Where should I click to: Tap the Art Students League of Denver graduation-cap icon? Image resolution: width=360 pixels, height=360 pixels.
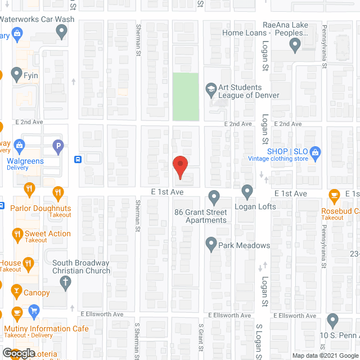click(211, 88)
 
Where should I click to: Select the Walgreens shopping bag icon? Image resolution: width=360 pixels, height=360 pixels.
click(19, 146)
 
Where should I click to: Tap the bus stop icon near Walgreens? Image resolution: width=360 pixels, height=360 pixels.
click(78, 159)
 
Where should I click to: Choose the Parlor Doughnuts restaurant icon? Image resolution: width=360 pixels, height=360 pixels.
click(57, 193)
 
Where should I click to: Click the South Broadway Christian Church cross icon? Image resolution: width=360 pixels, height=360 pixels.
click(65, 282)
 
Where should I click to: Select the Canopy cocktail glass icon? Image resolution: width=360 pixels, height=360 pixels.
click(16, 291)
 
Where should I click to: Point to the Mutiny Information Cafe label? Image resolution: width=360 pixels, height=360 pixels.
click(46, 328)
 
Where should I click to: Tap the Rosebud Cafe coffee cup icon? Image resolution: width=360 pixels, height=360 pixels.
click(334, 196)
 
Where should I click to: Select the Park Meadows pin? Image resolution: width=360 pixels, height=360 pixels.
click(211, 244)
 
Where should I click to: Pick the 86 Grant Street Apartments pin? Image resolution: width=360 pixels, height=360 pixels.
click(214, 197)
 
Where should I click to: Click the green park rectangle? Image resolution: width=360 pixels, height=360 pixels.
click(186, 96)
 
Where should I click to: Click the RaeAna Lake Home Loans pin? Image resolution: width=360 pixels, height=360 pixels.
click(294, 47)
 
